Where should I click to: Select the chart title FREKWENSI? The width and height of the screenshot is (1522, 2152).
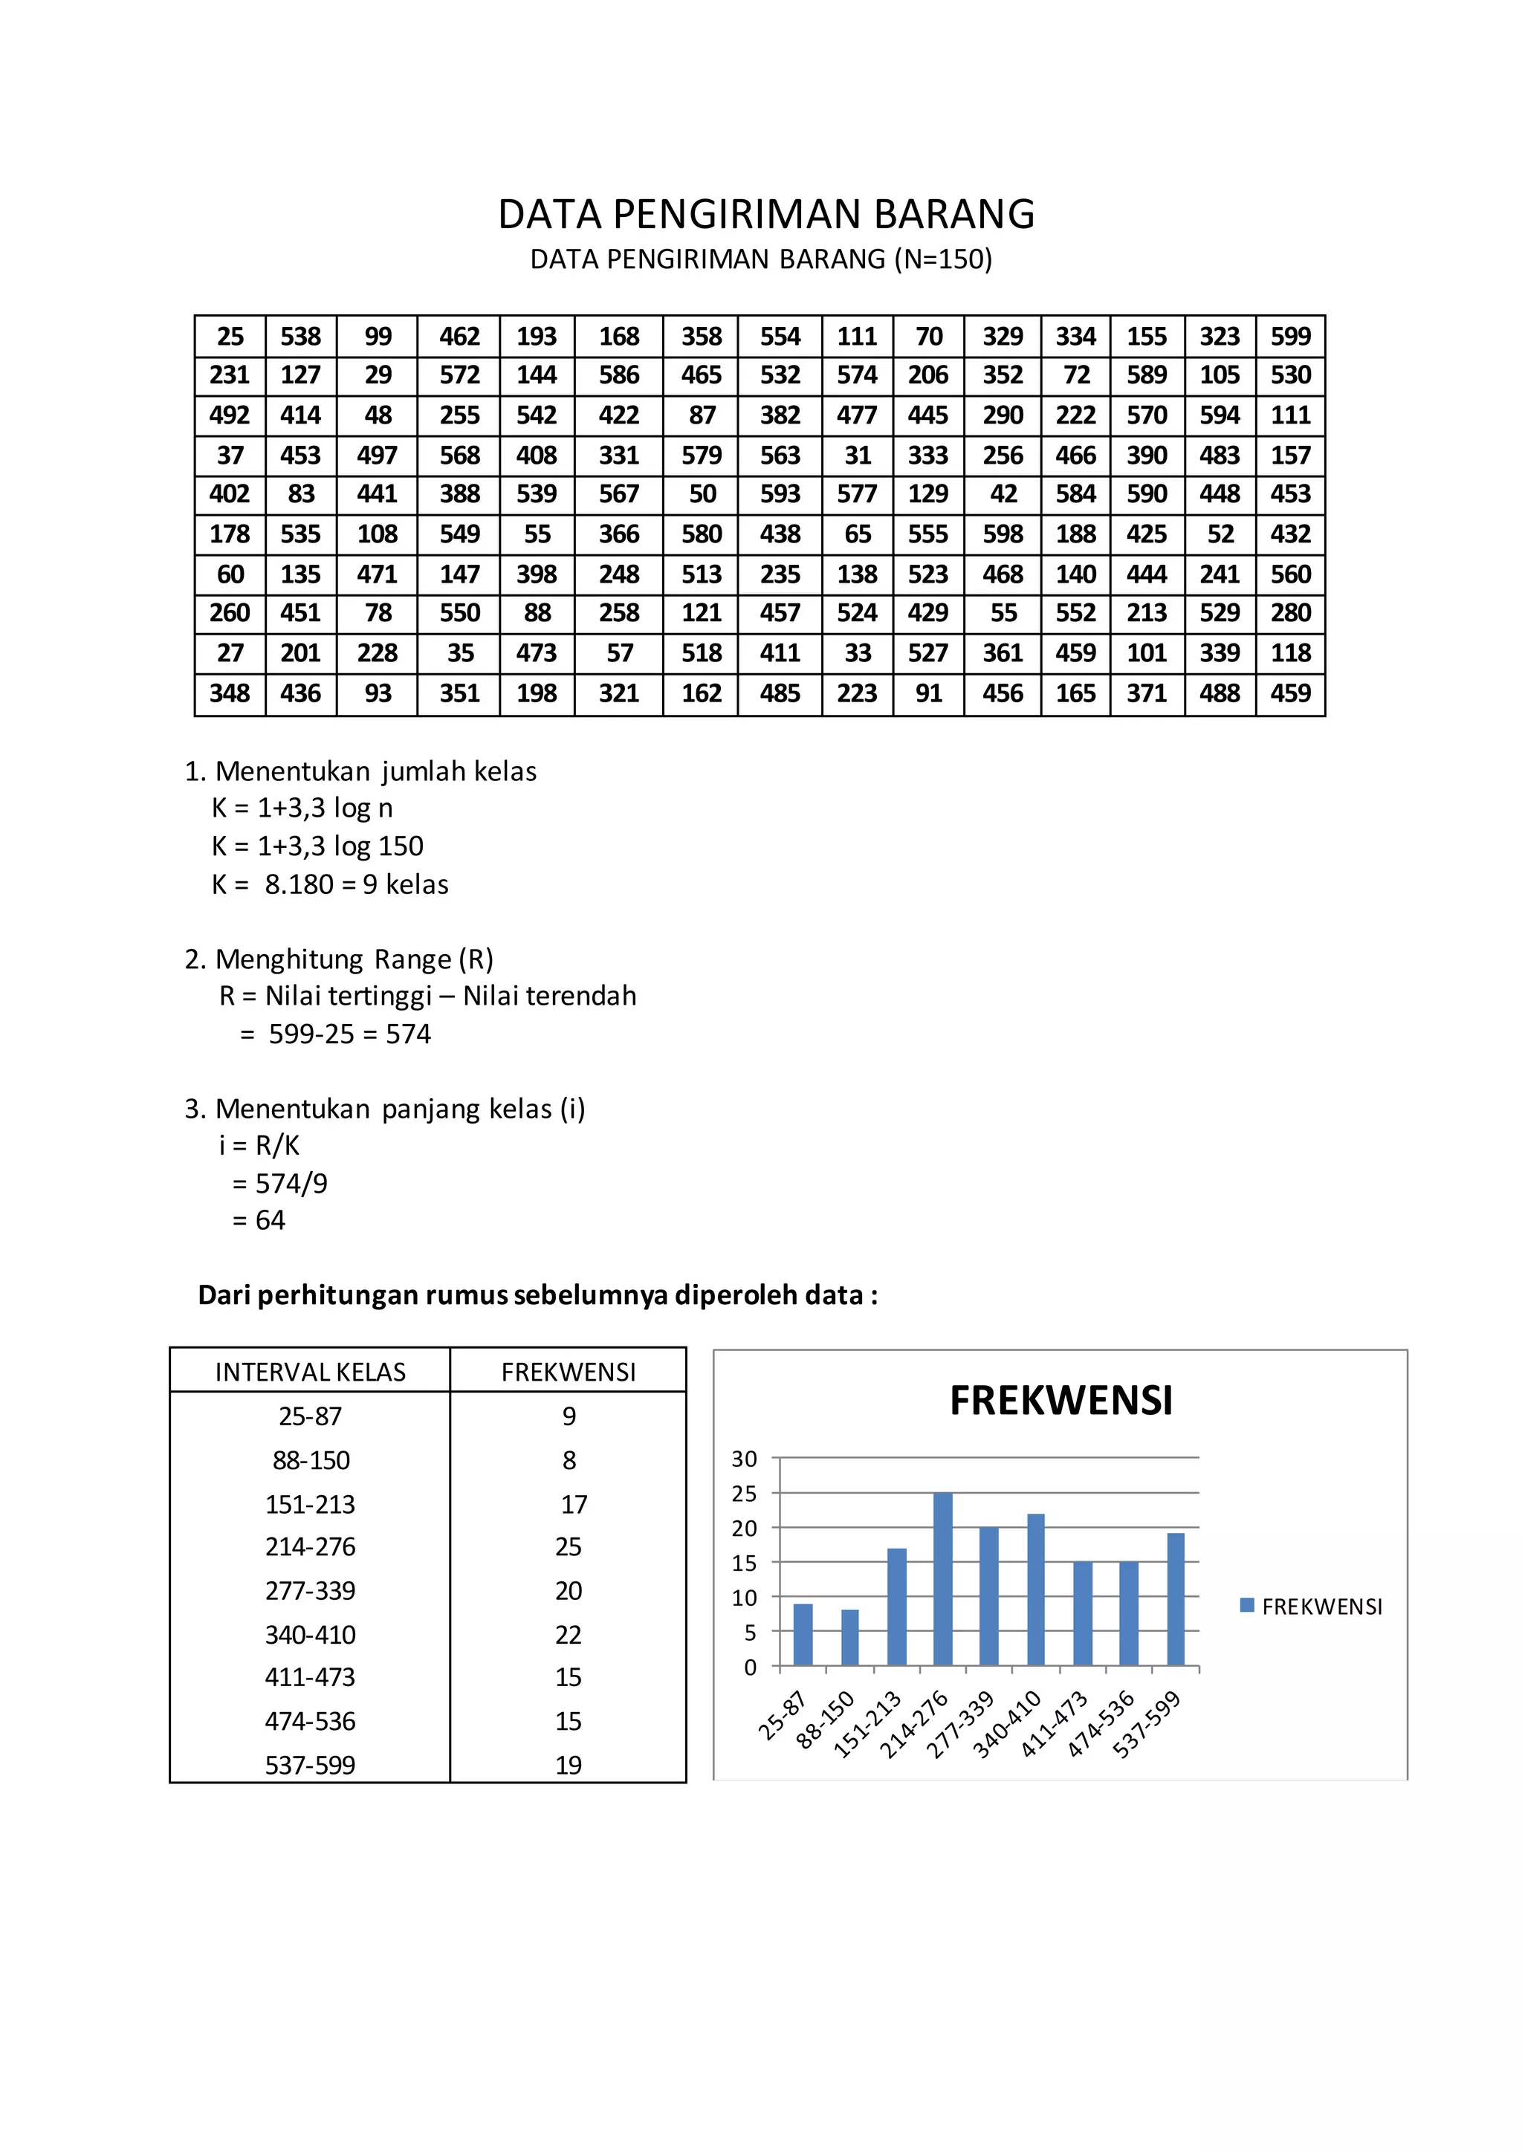click(1061, 1400)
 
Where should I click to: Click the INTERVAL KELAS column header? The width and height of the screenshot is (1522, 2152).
click(310, 1372)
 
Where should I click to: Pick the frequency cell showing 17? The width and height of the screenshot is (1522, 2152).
click(574, 1504)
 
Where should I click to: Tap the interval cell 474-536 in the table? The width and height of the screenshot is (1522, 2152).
click(310, 1721)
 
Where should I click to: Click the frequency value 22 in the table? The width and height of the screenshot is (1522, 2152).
click(568, 1635)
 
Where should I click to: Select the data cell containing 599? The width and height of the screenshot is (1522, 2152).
click(1291, 337)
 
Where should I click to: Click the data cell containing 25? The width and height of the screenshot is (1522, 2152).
click(230, 337)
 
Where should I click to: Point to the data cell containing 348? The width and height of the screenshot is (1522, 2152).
click(230, 693)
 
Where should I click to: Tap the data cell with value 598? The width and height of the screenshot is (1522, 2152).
click(1003, 534)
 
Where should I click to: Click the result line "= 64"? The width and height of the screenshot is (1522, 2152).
click(259, 1220)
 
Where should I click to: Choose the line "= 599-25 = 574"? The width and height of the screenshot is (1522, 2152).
click(335, 1034)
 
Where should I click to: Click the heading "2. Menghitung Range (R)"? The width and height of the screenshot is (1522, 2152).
click(340, 959)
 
